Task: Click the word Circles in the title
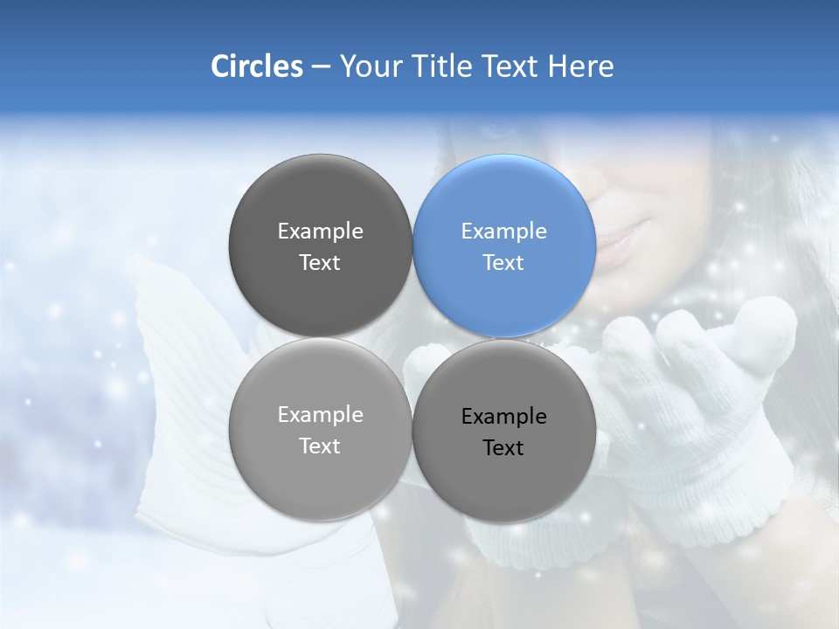pyautogui.click(x=257, y=66)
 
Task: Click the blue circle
pyautogui.click(x=504, y=245)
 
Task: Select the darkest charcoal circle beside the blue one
pyautogui.click(x=321, y=245)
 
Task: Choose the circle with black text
pyautogui.click(x=504, y=431)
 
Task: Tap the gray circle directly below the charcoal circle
pyautogui.click(x=321, y=429)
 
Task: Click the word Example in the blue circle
pyautogui.click(x=504, y=232)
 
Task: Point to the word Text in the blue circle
pyautogui.click(x=503, y=262)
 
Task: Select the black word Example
pyautogui.click(x=504, y=417)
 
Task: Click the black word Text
pyautogui.click(x=503, y=447)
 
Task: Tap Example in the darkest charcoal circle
pyautogui.click(x=321, y=232)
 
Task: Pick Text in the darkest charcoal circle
pyautogui.click(x=320, y=262)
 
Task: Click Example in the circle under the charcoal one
pyautogui.click(x=321, y=415)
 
